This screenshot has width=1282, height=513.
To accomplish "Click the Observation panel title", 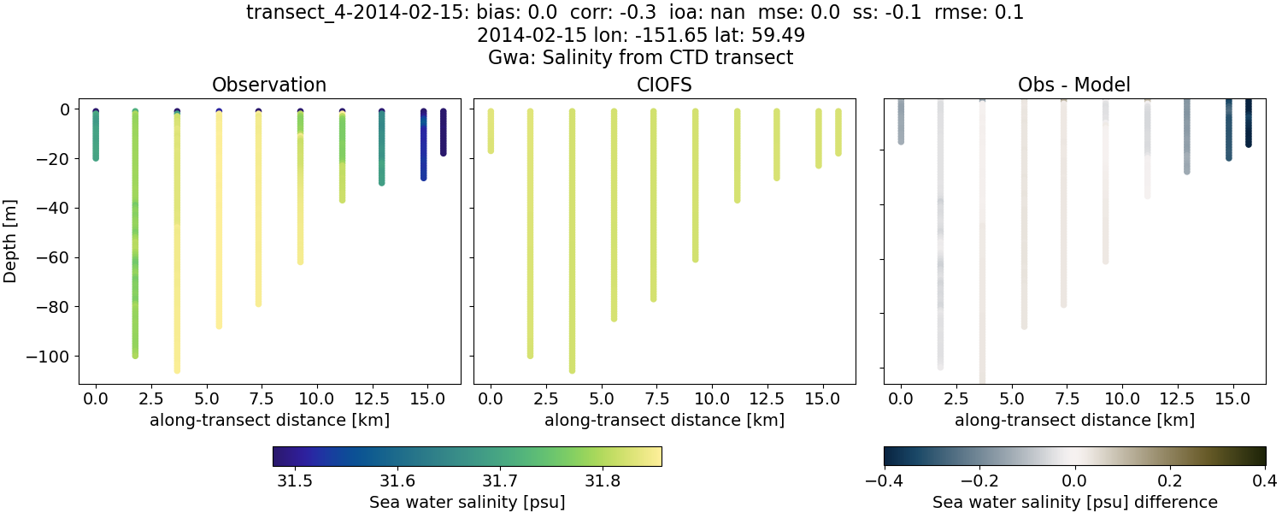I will pos(269,85).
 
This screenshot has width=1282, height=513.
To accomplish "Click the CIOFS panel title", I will pos(664,85).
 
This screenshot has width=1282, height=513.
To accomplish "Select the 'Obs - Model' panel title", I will pos(1073,85).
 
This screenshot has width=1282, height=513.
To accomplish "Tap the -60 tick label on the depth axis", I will pos(58,257).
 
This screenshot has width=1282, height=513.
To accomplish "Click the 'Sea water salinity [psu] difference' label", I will pos(1074,502).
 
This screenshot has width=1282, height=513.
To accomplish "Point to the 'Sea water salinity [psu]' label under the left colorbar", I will pos(467,502).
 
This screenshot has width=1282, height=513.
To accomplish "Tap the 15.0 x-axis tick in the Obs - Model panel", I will pos(1228,398).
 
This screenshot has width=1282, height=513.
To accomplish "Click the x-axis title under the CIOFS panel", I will pos(664,420).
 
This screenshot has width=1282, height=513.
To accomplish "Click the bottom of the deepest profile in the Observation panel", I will pos(177,369).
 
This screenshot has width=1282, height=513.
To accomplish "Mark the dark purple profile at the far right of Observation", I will pos(443,133).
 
